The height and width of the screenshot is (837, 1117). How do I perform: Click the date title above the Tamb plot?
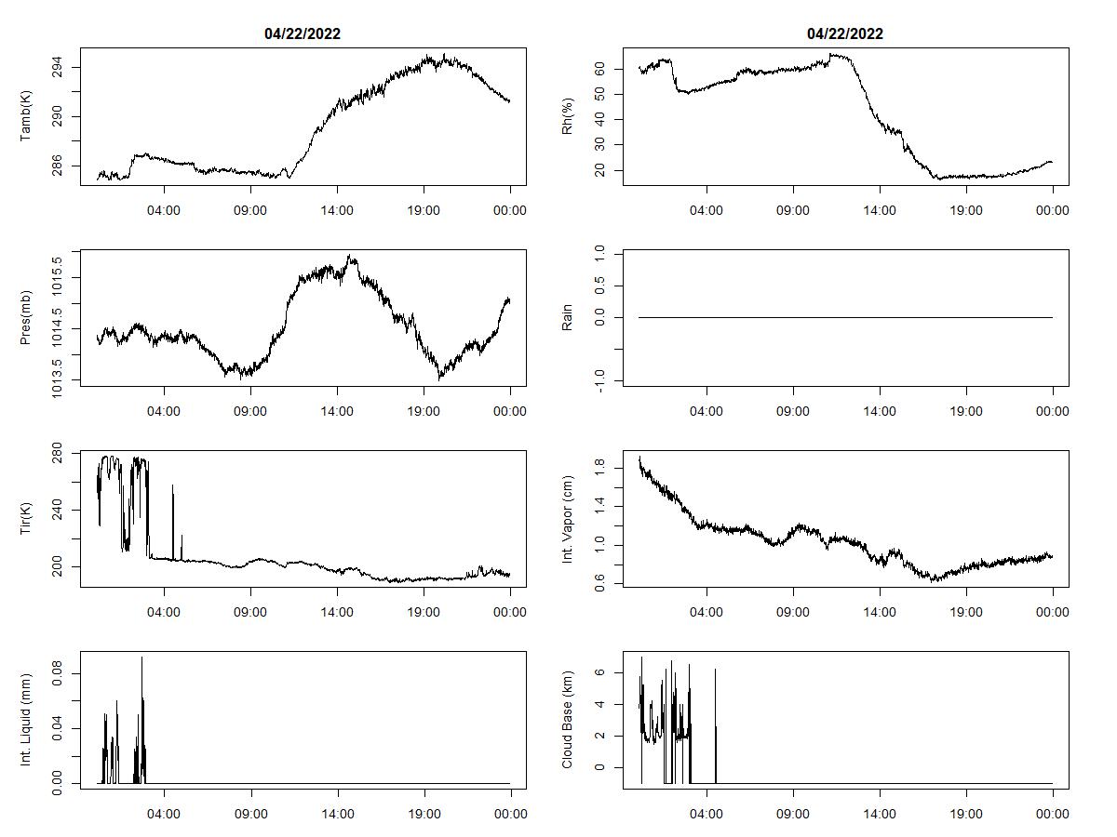tap(303, 34)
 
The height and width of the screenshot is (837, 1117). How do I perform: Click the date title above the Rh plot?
tap(845, 34)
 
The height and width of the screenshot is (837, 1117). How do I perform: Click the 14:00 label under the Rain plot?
tap(880, 411)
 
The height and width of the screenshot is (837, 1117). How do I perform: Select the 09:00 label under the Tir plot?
tap(250, 612)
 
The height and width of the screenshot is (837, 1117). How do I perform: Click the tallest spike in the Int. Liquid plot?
tap(141, 658)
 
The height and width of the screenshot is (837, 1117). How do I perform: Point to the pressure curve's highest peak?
tap(350, 256)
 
